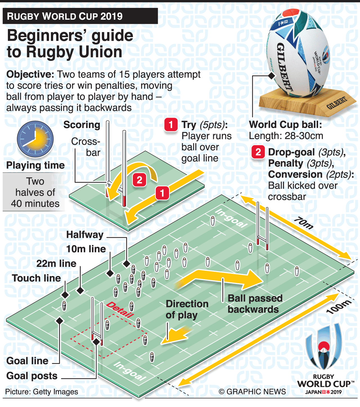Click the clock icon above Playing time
[35, 139]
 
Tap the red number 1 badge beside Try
[171, 124]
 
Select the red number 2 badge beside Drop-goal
[258, 152]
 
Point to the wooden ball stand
[307, 103]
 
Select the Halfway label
[85, 234]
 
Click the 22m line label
[56, 263]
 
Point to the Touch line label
[36, 278]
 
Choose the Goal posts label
[32, 376]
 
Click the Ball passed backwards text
[255, 304]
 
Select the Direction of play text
[187, 309]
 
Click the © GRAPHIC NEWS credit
[252, 392]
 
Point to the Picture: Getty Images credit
[42, 392]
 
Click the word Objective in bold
[30, 74]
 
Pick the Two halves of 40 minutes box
[35, 192]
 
